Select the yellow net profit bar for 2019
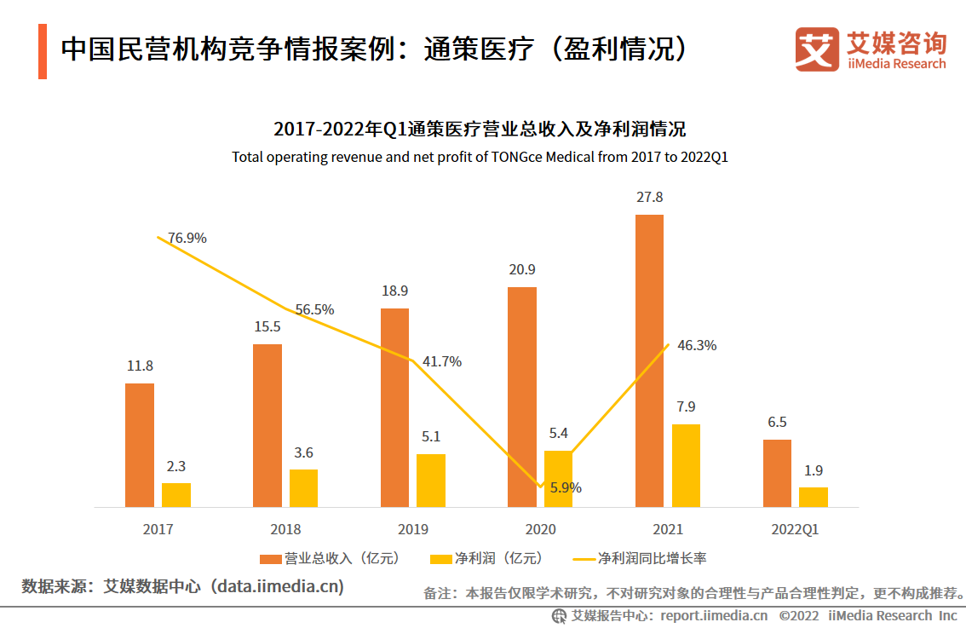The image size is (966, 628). (x=430, y=481)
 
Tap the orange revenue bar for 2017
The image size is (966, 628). (x=140, y=445)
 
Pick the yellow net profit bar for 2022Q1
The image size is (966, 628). (x=813, y=497)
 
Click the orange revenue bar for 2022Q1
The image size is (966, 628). (x=777, y=473)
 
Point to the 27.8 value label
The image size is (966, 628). (x=649, y=197)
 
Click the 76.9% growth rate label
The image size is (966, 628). (x=187, y=239)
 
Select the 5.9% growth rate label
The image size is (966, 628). (x=566, y=488)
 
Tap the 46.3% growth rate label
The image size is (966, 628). (x=697, y=346)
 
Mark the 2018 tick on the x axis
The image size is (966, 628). (x=285, y=529)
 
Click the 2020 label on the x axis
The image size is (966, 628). (x=540, y=529)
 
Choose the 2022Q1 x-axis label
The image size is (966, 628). (x=795, y=529)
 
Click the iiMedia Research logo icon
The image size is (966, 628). (x=817, y=49)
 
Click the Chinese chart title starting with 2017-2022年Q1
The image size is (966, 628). (x=480, y=130)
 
